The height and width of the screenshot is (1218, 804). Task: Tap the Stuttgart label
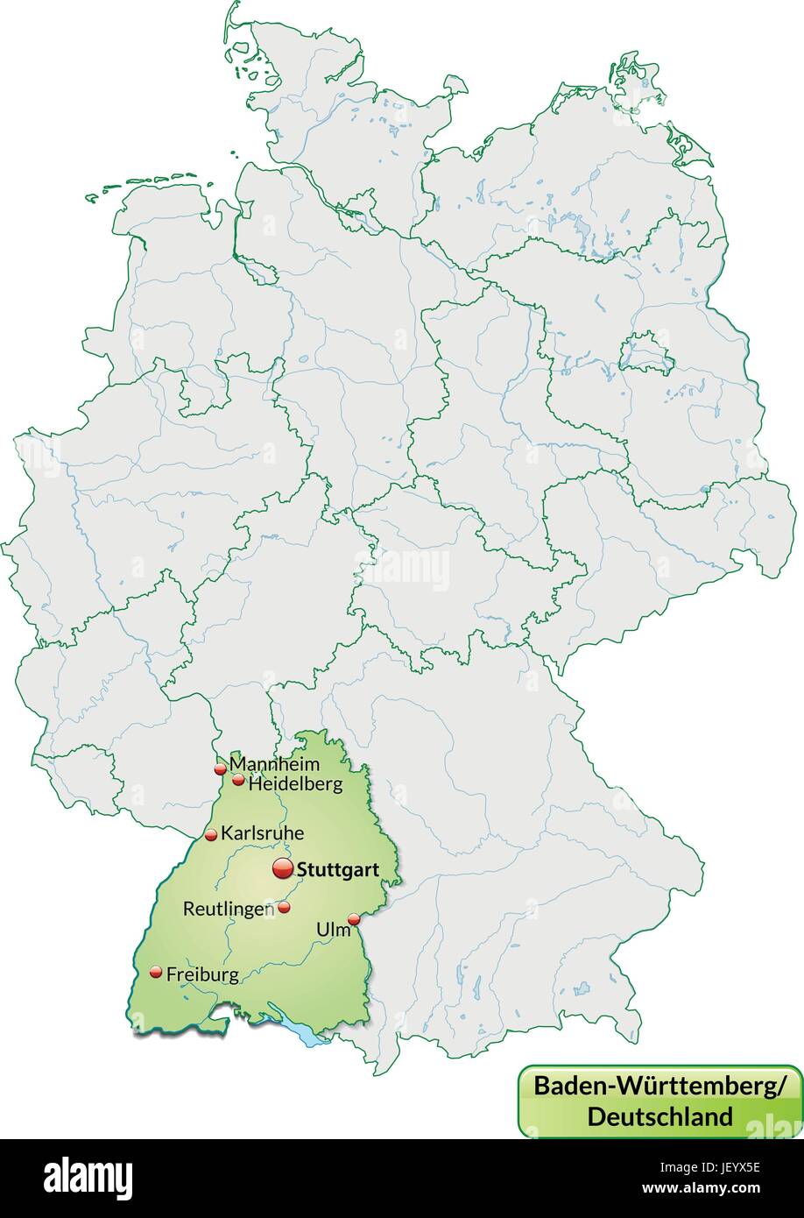point(338,870)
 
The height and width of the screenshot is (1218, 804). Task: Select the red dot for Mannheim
point(220,769)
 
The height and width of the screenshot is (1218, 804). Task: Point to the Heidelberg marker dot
point(238,779)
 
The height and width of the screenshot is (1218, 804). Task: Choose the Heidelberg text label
point(296,784)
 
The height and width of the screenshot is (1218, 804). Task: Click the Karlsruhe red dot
point(211,835)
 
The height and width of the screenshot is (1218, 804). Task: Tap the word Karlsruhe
point(262,833)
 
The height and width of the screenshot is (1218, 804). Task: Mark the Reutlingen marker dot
point(284,908)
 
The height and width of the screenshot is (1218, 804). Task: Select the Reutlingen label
point(228,910)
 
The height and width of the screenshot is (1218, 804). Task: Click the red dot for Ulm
point(354,919)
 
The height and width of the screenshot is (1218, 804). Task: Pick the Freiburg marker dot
point(156,972)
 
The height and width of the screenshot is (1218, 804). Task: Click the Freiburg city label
point(202,974)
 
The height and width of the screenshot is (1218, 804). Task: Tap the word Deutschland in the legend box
point(659,1116)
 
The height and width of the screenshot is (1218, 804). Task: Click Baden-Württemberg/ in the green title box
point(659,1085)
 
